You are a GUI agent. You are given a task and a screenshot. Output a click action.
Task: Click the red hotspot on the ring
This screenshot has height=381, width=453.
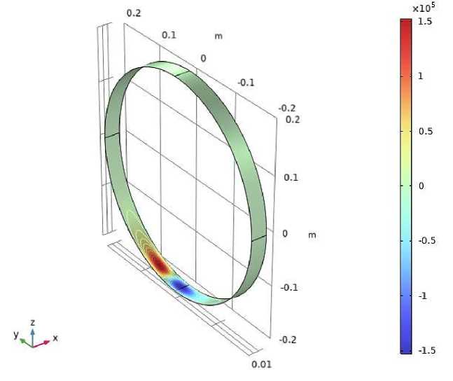click(158, 263)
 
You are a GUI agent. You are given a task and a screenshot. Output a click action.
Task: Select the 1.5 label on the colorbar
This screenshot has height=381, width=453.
click(425, 21)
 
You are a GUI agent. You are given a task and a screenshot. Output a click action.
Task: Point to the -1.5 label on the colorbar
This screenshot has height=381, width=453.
click(426, 350)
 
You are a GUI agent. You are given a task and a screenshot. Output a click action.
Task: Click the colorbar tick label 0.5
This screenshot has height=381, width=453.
click(426, 131)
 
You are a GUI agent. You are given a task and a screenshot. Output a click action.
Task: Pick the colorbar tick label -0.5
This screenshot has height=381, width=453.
click(426, 240)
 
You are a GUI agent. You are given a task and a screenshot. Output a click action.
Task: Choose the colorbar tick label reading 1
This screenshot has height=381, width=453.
click(421, 76)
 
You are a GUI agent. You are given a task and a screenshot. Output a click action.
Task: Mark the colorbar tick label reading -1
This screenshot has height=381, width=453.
click(422, 296)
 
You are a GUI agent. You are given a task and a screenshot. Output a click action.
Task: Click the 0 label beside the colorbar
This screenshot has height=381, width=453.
click(421, 186)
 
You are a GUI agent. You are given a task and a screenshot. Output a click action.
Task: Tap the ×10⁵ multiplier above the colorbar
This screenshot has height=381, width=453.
click(424, 8)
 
